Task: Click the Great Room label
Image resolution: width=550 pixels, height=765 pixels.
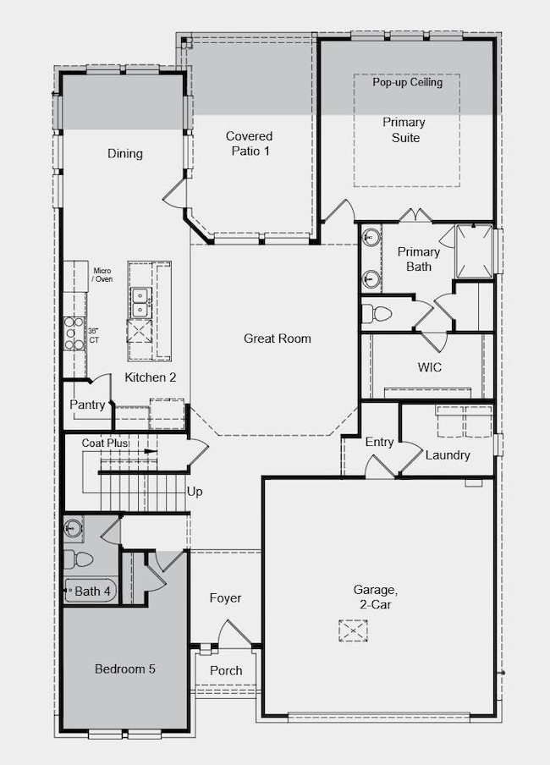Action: click(278, 338)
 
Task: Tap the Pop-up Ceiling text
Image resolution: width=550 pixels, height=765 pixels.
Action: click(408, 83)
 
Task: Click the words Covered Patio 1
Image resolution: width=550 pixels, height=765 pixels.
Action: click(249, 143)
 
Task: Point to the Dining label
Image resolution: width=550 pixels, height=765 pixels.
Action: click(124, 154)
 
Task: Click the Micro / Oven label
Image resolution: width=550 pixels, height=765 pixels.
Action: click(102, 274)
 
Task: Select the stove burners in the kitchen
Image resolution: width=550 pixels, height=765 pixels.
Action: click(74, 333)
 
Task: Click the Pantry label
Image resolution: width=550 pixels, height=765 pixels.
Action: click(88, 405)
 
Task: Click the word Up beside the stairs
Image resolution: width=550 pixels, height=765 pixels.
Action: click(195, 491)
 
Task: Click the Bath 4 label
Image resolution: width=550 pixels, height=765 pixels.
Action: click(93, 592)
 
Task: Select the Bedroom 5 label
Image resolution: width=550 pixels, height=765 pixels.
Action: click(124, 669)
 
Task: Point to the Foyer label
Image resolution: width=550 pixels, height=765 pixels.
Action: click(225, 598)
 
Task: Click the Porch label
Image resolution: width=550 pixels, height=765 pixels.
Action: click(226, 670)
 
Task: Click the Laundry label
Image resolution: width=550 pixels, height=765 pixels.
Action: click(448, 455)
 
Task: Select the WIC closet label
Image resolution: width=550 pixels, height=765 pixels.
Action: click(430, 367)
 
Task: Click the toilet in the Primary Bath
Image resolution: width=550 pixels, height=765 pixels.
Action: click(377, 314)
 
